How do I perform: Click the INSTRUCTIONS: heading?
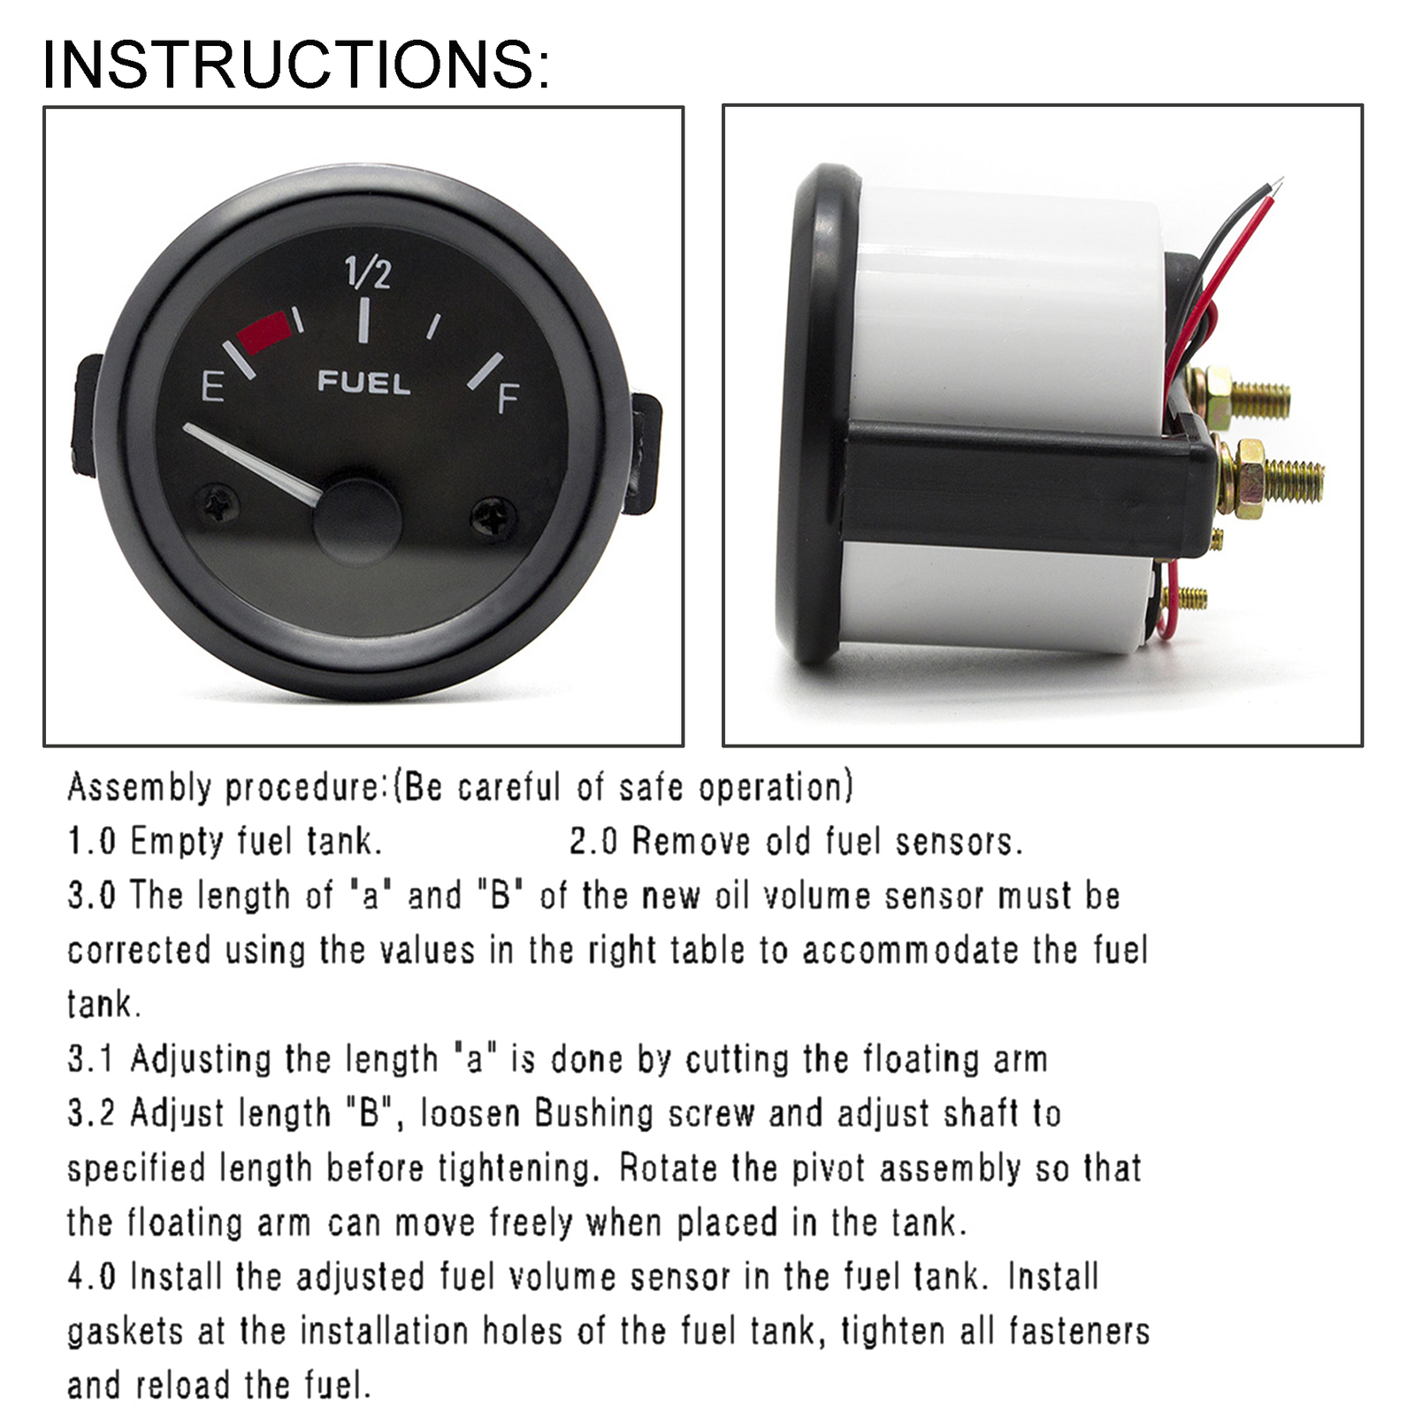click(x=296, y=64)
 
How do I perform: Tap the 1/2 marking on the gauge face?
click(x=367, y=272)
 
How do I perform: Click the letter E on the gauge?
click(x=212, y=387)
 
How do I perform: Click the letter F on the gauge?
click(x=508, y=399)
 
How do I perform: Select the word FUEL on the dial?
click(x=363, y=383)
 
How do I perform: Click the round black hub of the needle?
click(x=358, y=522)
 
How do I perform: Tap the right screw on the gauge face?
click(x=493, y=516)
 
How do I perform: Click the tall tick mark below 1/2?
click(x=363, y=320)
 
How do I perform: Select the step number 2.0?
click(x=593, y=841)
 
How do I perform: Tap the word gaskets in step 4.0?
click(x=125, y=1331)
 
